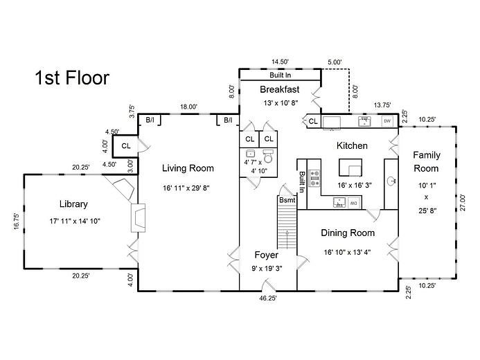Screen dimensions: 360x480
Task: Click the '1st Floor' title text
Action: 71,78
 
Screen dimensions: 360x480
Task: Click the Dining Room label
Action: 348,233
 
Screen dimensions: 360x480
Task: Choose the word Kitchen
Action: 352,146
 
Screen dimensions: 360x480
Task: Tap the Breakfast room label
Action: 279,89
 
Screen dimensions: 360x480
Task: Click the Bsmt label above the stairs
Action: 287,200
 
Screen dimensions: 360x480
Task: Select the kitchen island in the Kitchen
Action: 351,168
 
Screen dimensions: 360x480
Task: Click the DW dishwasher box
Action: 387,121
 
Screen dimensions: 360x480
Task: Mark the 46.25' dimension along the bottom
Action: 267,298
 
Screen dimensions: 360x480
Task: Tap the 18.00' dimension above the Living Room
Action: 188,107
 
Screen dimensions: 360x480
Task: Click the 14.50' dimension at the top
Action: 280,62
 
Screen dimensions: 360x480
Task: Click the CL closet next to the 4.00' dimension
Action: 126,146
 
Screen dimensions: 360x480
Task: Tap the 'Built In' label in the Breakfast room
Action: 280,75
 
